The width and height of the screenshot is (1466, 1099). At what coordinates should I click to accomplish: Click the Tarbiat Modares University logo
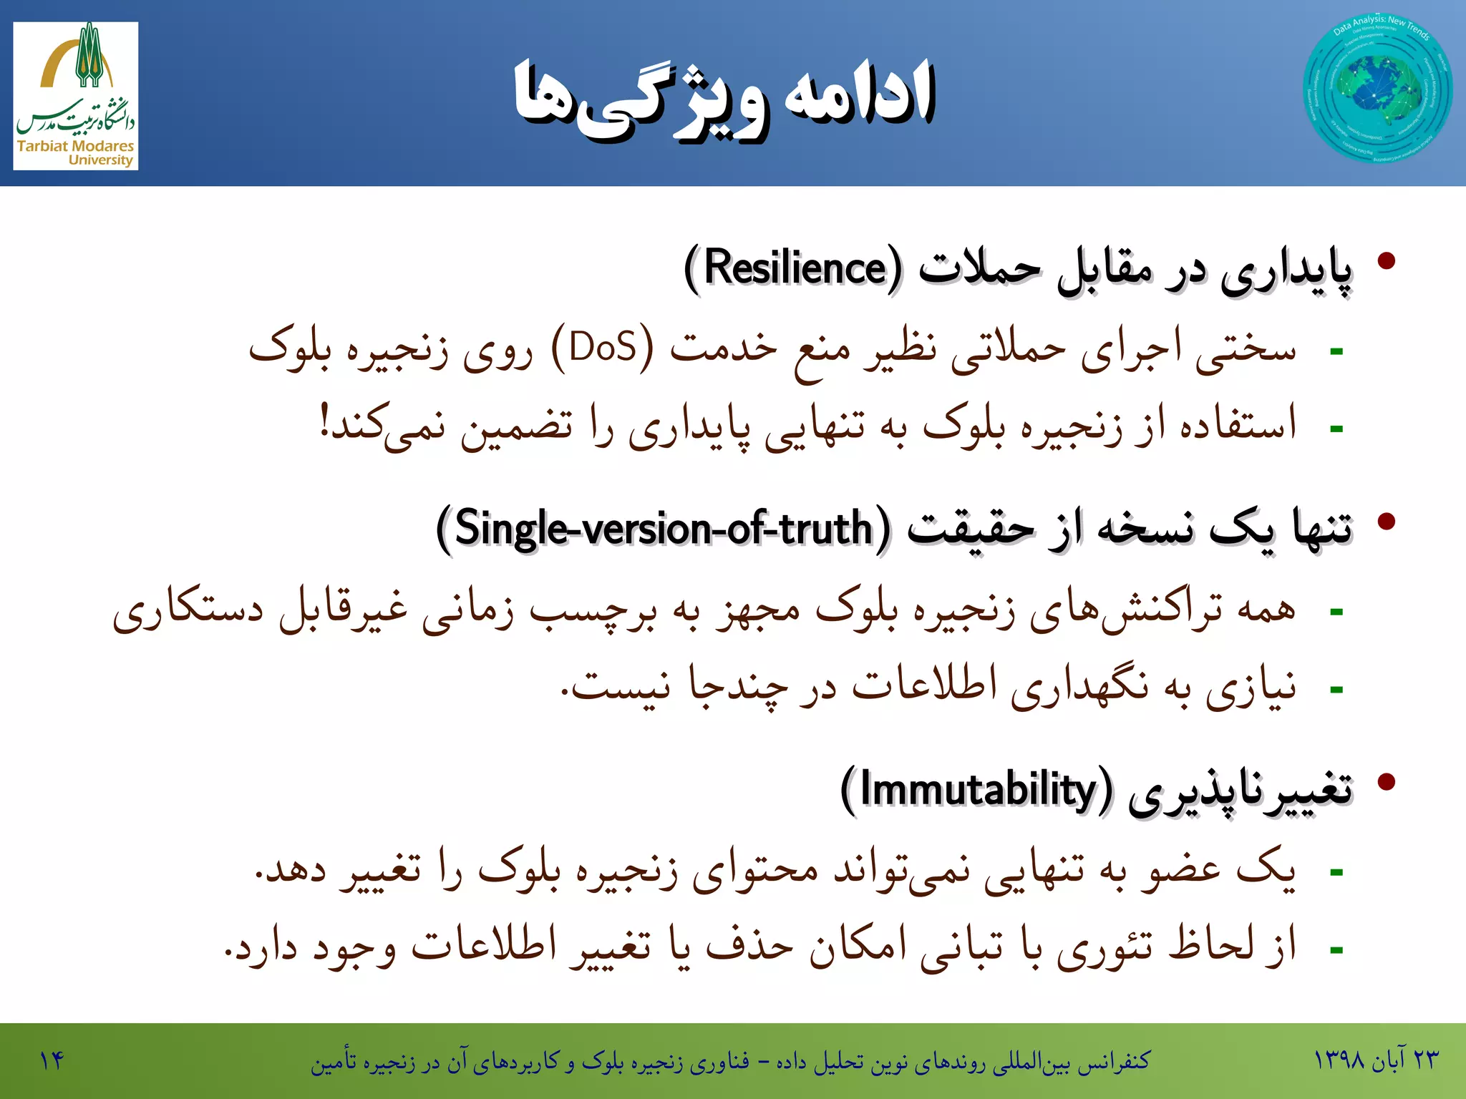[x=75, y=95]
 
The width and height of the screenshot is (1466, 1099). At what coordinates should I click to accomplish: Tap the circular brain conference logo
[x=1377, y=89]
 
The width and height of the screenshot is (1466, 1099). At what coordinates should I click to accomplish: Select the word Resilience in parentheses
[x=795, y=268]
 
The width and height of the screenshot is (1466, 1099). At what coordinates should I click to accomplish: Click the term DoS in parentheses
[x=603, y=348]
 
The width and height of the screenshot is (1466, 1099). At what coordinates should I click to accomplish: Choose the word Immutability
[x=978, y=790]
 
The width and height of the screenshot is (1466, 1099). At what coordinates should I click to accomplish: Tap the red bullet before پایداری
[x=1387, y=260]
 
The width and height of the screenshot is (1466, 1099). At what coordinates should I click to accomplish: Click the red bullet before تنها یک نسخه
[x=1387, y=521]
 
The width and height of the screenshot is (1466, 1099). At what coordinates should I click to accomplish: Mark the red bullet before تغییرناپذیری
[x=1387, y=781]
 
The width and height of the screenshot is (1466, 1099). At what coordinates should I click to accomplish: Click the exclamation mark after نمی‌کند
[x=324, y=422]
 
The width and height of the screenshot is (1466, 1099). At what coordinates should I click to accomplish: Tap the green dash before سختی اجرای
[x=1336, y=351]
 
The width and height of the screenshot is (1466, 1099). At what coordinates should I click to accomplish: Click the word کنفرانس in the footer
[x=1114, y=1060]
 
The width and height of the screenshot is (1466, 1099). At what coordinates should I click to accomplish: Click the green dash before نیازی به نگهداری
[x=1336, y=690]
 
